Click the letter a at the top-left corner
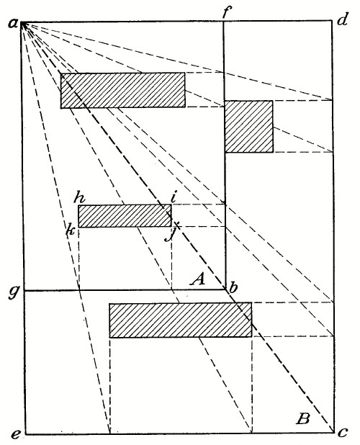tap(13, 24)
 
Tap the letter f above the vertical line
tap(226, 12)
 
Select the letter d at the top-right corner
tap(342, 19)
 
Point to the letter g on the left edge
tap(14, 292)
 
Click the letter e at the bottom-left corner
tap(15, 434)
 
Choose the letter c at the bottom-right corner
tap(343, 433)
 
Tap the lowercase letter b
tap(233, 287)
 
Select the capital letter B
tap(302, 418)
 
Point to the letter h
tap(79, 197)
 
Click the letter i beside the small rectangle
tap(174, 197)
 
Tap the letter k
tap(70, 229)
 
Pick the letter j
tap(170, 233)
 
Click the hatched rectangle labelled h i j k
tap(125, 216)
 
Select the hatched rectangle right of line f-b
tap(249, 126)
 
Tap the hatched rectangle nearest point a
tap(123, 90)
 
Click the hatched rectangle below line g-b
tap(181, 320)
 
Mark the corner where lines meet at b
tap(226, 289)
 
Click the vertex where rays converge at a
tap(22, 22)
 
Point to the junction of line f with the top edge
tap(223, 21)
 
